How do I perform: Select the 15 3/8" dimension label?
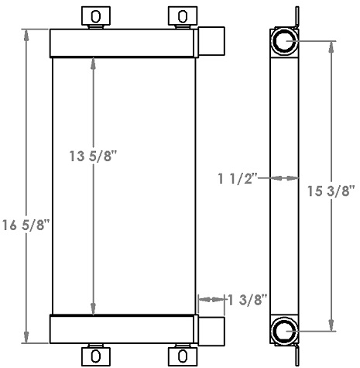(x=334, y=191)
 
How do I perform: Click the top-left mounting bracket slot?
(x=95, y=15)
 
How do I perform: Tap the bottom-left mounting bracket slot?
(x=95, y=355)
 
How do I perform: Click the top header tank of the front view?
(x=122, y=42)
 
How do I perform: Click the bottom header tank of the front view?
(x=122, y=328)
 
